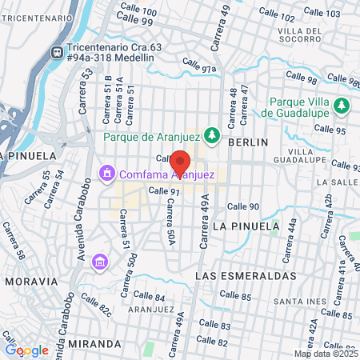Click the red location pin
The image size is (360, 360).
[181, 162]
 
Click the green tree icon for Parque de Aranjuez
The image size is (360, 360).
[213, 135]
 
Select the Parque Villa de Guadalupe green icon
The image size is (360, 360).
[342, 106]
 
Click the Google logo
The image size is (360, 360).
[26, 350]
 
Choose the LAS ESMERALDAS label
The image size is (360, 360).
[246, 275]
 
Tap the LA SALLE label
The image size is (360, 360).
[335, 182]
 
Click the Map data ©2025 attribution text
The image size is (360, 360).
[326, 354]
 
